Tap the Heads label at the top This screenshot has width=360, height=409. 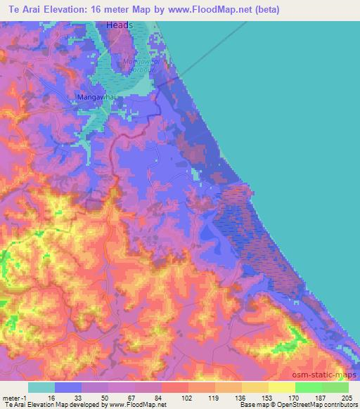[x=120, y=25]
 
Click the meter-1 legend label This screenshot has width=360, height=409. [x=15, y=397]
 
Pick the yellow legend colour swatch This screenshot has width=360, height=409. [x=281, y=387]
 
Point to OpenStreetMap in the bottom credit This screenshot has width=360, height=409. [x=308, y=405]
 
